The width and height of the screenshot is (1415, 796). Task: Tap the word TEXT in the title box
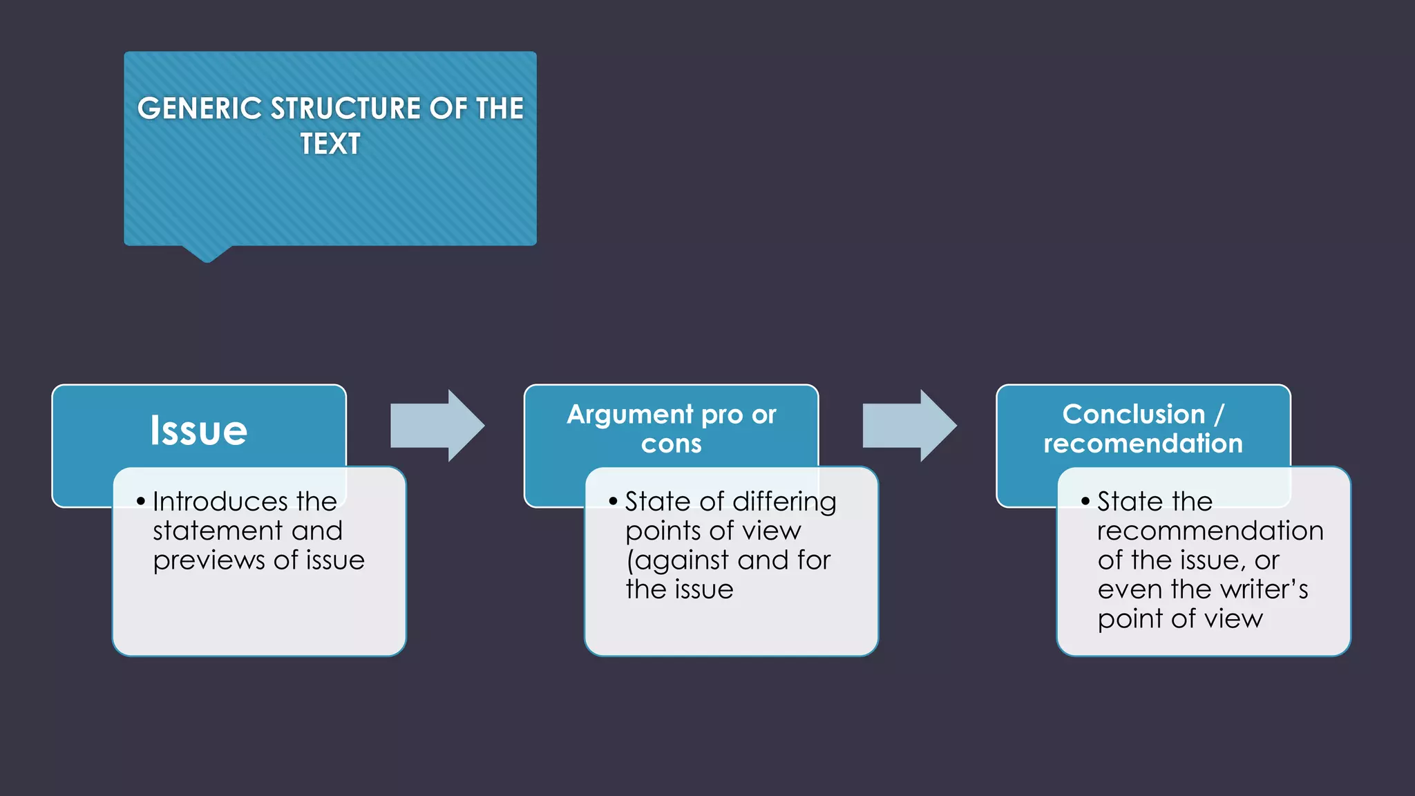tap(330, 144)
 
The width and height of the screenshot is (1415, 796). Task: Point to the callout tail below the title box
tap(207, 253)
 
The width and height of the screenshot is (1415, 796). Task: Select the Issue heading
tap(199, 430)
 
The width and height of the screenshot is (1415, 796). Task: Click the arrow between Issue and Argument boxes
tap(437, 426)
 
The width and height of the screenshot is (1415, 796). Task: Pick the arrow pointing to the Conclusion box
tap(909, 426)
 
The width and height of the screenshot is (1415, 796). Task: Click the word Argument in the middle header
tap(630, 415)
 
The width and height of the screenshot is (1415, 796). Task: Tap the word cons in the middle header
tap(671, 444)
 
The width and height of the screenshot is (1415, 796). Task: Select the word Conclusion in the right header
tap(1133, 414)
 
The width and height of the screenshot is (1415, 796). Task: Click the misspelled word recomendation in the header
tap(1143, 444)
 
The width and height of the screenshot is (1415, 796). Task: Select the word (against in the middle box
tap(677, 560)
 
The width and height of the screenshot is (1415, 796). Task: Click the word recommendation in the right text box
tap(1210, 531)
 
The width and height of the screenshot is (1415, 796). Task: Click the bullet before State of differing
tap(613, 501)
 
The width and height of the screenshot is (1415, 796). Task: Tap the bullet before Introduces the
tap(141, 501)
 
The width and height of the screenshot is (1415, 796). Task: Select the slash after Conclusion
tap(1219, 415)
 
